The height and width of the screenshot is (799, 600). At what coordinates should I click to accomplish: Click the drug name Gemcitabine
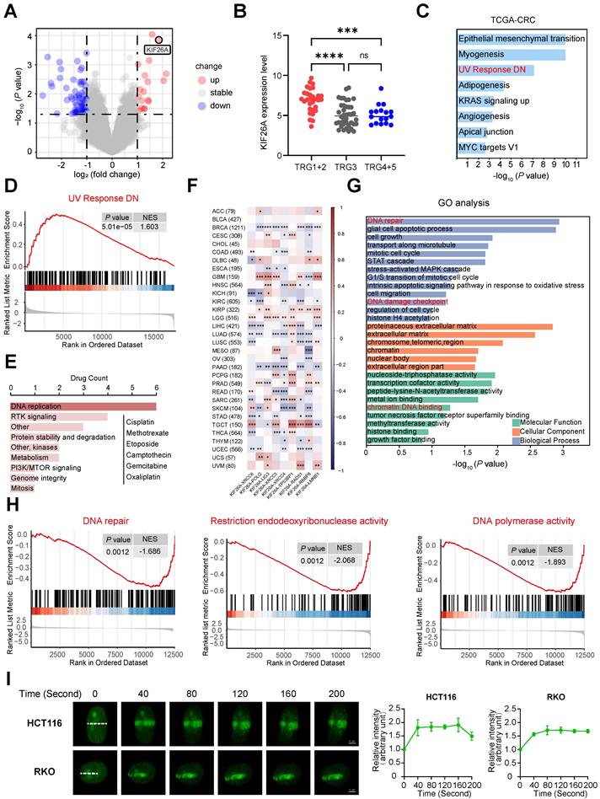click(x=152, y=405)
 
